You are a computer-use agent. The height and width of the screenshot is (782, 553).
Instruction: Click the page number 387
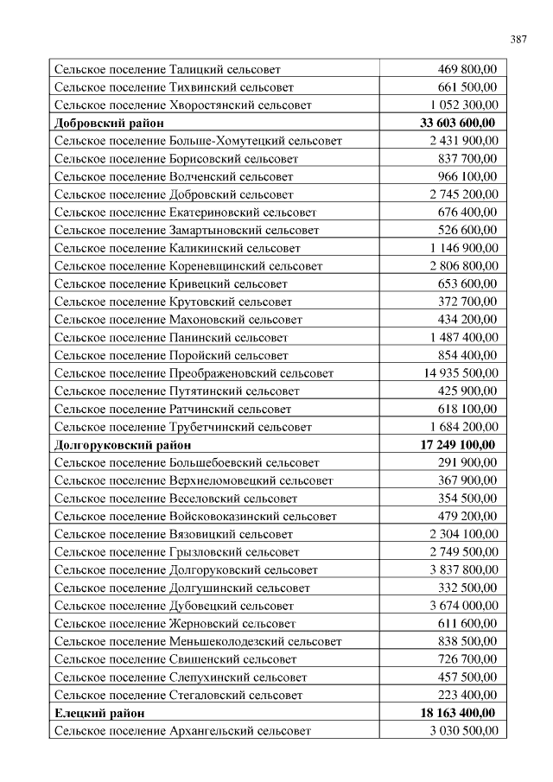coord(518,40)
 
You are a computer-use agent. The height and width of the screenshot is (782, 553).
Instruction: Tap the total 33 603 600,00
coord(457,123)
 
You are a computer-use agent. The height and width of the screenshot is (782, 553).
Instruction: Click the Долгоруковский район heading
coord(122,445)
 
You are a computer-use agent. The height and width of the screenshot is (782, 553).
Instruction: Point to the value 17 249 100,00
coord(457,445)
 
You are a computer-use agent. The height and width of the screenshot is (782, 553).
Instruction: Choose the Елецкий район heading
coord(99,713)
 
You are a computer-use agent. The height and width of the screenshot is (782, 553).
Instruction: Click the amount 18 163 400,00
coord(457,713)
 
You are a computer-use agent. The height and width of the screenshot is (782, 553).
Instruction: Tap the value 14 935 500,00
coord(461,373)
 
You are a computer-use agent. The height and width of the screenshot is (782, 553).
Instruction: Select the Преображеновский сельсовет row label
coord(194,373)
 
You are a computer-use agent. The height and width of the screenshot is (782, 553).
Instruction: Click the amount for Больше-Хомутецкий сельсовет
coord(463,140)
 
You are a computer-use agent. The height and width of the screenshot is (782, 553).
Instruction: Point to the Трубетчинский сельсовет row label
coord(182,427)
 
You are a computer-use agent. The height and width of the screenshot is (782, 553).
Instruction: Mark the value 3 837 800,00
coord(463,570)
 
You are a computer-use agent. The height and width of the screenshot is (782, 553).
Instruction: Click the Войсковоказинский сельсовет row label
coord(195,517)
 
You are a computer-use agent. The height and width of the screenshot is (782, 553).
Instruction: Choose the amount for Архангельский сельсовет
coord(463,731)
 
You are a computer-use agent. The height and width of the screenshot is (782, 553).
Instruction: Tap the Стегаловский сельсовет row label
coord(178,695)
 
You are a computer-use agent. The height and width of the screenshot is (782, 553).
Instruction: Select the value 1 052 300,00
coord(463,105)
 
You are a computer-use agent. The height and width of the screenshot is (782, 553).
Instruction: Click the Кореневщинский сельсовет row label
coord(188,266)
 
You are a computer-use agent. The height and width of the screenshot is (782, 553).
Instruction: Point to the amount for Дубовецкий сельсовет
coord(463,606)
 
